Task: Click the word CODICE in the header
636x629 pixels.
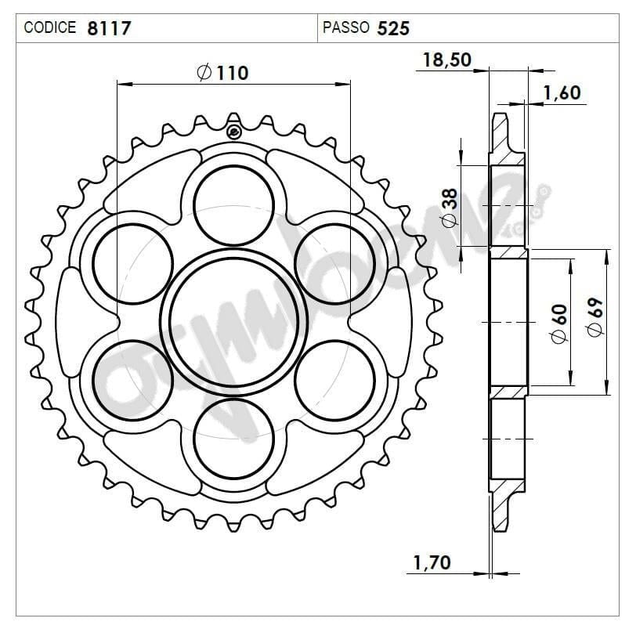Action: tap(50, 27)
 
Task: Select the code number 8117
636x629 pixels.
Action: tap(109, 28)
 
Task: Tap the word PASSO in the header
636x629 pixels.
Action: tap(345, 27)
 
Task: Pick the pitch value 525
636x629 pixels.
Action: tap(392, 28)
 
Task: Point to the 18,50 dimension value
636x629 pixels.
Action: tap(446, 60)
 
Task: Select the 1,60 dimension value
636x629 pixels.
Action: tap(562, 92)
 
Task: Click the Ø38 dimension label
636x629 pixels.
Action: tap(449, 207)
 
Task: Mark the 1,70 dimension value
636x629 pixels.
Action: tap(432, 562)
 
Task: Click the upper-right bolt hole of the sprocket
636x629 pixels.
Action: tap(334, 262)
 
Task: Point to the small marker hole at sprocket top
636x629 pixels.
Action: tap(233, 132)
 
